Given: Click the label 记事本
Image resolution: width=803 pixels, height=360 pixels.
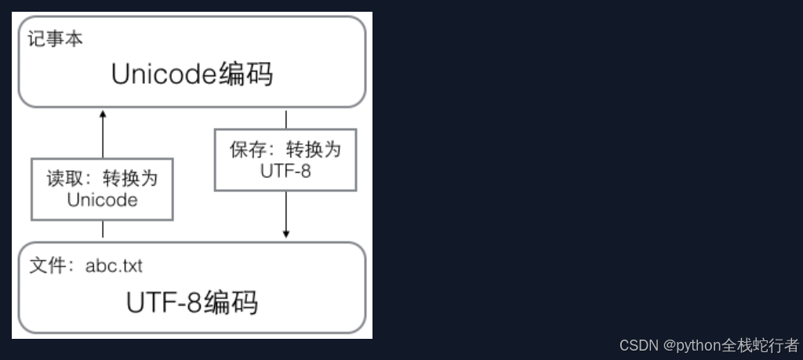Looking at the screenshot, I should (x=55, y=38).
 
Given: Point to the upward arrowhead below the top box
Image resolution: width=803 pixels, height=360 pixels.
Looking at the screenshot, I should (x=103, y=115).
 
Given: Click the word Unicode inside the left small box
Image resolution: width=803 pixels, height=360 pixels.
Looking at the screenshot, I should (x=102, y=200).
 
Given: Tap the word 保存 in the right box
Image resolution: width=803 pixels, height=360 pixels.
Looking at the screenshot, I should (x=245, y=150).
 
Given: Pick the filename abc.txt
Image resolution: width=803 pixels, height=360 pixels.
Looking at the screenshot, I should (x=114, y=266).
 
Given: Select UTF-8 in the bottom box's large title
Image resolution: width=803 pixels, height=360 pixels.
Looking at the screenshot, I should (x=164, y=303).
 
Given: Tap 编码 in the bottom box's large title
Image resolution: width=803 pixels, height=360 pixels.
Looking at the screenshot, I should (x=231, y=303).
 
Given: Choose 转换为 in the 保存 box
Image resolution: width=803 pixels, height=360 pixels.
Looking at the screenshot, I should (x=314, y=150).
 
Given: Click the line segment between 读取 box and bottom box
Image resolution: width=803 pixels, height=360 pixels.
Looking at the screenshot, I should (x=103, y=230).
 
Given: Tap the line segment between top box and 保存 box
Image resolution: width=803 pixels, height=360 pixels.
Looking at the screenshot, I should (x=286, y=119).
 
